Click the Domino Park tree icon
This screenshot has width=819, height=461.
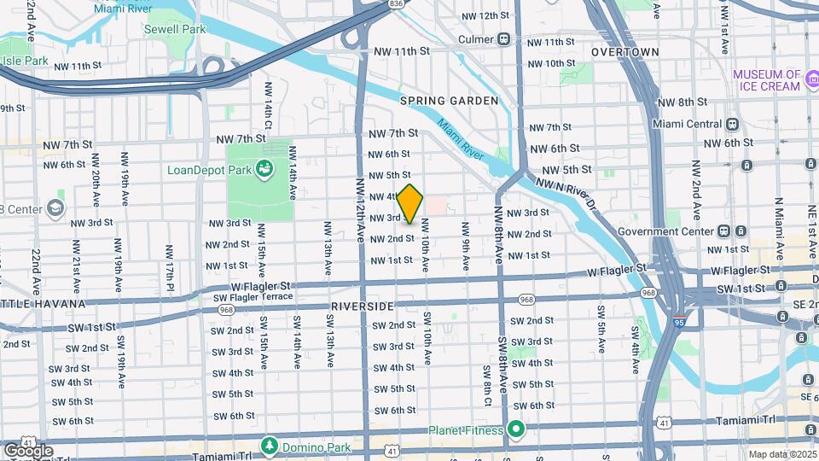coord(270,446)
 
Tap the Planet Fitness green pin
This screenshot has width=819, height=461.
coord(515,429)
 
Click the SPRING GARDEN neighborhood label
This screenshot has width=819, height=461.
coord(449,101)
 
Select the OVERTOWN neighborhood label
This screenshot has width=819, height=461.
coord(624,52)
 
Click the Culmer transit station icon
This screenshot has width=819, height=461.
coord(504,38)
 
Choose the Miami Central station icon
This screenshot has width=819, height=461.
coord(732,124)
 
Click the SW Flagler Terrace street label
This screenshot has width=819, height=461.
coord(253,296)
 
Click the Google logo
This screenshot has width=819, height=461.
coord(27,450)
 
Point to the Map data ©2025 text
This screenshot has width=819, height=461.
coord(781,454)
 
